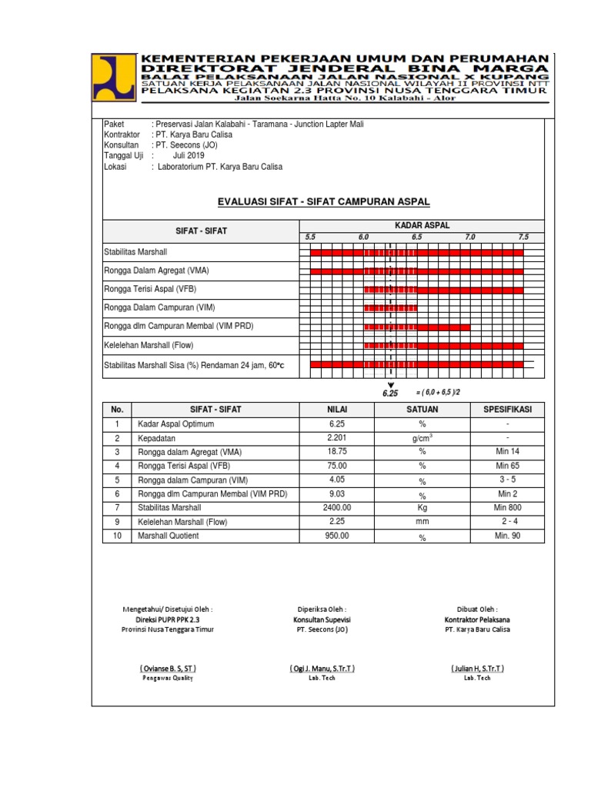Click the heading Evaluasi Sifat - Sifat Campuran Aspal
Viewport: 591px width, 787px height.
324,201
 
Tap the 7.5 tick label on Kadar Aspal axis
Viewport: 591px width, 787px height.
523,237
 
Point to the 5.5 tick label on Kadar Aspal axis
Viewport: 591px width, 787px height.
310,237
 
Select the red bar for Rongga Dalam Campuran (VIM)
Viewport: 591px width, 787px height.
390,308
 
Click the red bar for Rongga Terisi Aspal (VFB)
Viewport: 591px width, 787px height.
443,290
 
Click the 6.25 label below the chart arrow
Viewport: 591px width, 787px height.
390,393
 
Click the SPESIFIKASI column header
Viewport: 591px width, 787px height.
507,410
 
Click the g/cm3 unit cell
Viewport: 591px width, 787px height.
422,437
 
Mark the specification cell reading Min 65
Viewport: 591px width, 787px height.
508,466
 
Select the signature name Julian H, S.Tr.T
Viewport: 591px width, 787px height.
477,668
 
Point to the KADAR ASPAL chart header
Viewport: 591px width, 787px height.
422,225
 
